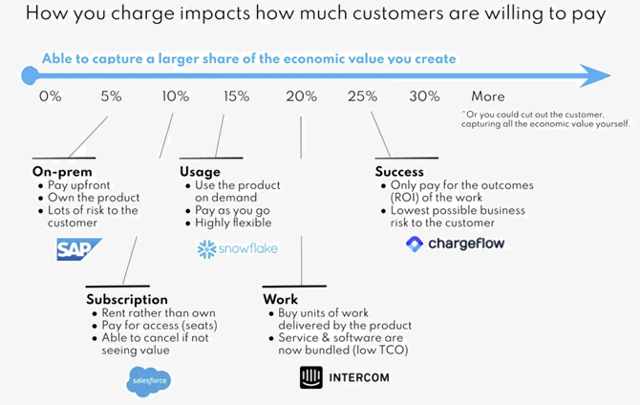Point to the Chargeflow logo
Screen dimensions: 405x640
click(x=455, y=244)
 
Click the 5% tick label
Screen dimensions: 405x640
click(x=111, y=96)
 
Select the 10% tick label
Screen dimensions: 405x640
click(x=176, y=96)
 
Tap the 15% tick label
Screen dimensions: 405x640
click(x=236, y=96)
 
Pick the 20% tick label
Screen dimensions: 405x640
click(x=301, y=96)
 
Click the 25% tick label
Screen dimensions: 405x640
click(x=363, y=96)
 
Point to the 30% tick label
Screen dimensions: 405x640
click(x=424, y=96)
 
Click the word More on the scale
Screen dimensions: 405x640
click(x=488, y=96)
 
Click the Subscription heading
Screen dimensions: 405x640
click(x=127, y=299)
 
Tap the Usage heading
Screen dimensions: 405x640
click(x=200, y=171)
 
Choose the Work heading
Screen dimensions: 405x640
click(x=280, y=299)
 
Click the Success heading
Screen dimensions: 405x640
click(x=399, y=171)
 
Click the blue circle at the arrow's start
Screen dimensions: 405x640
click(x=29, y=74)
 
